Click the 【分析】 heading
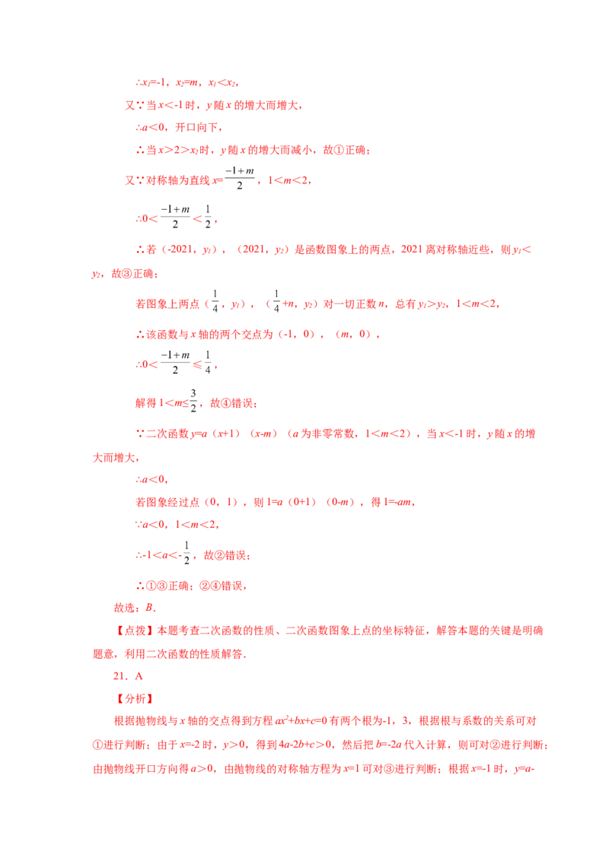(135, 698)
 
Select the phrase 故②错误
(225, 556)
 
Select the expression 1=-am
(397, 502)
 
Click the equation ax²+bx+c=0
(301, 720)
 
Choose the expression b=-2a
(388, 745)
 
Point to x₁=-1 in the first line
(153, 83)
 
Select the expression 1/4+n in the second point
(284, 302)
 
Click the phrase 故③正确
(133, 274)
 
